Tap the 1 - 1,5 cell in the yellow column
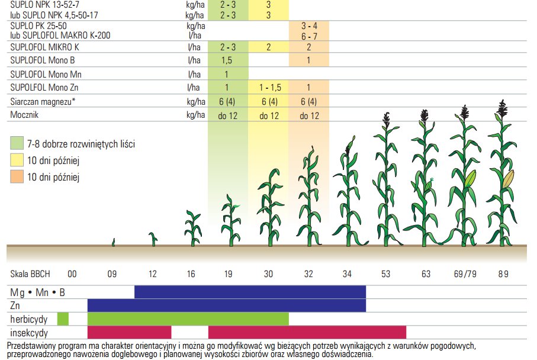point(269,88)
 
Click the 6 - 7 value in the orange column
point(308,36)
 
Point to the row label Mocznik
point(25,115)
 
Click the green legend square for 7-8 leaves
point(17,144)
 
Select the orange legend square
point(17,176)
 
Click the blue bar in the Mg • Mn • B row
point(250,292)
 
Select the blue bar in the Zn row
point(226,305)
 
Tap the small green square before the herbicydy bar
point(63,319)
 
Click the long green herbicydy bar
point(188,319)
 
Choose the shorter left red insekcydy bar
point(129,332)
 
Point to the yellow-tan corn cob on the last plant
point(509,179)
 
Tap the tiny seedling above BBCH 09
point(113,242)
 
